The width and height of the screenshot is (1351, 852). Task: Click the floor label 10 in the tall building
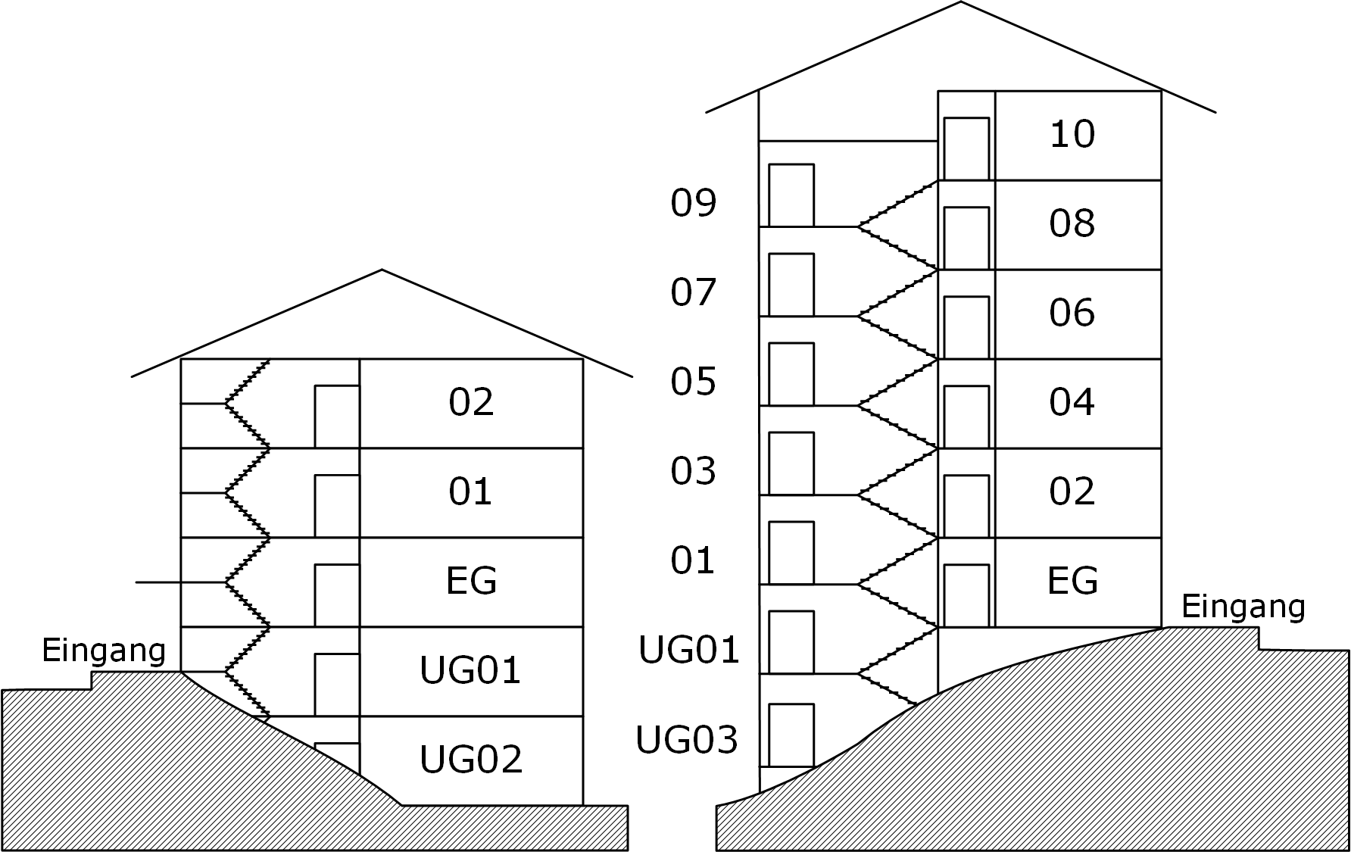pos(1072,135)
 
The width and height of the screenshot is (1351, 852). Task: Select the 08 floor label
pos(1072,223)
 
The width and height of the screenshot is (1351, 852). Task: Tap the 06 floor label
pos(1072,313)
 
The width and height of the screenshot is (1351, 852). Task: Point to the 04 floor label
pos(1072,402)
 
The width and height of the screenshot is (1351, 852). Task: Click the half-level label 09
pos(693,203)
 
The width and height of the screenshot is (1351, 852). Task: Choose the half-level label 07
pos(693,292)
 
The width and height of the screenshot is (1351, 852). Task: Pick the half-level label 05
pos(693,382)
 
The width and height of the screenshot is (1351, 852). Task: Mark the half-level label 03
pos(693,471)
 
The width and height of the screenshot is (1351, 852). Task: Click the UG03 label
pos(687,740)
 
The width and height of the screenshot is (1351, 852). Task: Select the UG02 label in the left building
pos(471,759)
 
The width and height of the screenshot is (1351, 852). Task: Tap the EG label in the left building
pos(471,581)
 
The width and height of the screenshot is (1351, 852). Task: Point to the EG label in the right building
pos(1072,581)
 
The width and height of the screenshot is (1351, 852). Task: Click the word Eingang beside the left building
pos(104,651)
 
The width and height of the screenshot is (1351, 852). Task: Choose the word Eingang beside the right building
pos(1243,607)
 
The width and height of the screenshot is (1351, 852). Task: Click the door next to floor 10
pos(966,148)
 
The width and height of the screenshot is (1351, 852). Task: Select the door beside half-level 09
pos(791,195)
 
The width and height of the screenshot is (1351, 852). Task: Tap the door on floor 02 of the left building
pos(337,417)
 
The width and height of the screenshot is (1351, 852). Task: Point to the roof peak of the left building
pos(382,270)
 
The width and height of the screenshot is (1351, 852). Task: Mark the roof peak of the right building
pos(961,2)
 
